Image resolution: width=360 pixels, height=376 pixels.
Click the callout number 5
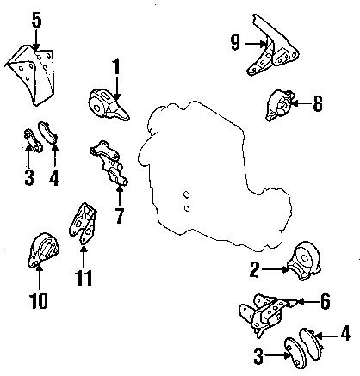pyautogui.click(x=36, y=20)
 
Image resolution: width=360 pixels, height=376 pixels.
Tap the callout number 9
pyautogui.click(x=235, y=43)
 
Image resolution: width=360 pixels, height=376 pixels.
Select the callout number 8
pyautogui.click(x=318, y=103)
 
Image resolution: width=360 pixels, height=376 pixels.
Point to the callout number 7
pyautogui.click(x=120, y=216)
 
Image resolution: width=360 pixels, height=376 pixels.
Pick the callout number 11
pyautogui.click(x=84, y=278)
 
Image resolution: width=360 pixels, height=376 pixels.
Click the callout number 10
pyautogui.click(x=39, y=300)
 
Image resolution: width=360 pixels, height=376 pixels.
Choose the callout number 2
pyautogui.click(x=255, y=270)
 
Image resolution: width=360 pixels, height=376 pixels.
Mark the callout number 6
pyautogui.click(x=325, y=302)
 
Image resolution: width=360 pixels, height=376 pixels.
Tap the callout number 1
pyautogui.click(x=116, y=67)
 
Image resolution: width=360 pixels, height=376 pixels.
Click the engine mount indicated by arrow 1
pyautogui.click(x=108, y=105)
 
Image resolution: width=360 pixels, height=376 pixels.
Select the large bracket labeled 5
pyautogui.click(x=32, y=75)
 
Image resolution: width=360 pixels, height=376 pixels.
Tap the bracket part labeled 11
pyautogui.click(x=83, y=224)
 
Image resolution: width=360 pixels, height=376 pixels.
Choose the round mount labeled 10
pyautogui.click(x=43, y=250)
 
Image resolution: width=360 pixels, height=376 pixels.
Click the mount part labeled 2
pyautogui.click(x=304, y=261)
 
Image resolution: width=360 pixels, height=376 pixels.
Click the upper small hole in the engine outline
pyautogui.click(x=186, y=194)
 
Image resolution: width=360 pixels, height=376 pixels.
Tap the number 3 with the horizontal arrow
pyautogui.click(x=258, y=356)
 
